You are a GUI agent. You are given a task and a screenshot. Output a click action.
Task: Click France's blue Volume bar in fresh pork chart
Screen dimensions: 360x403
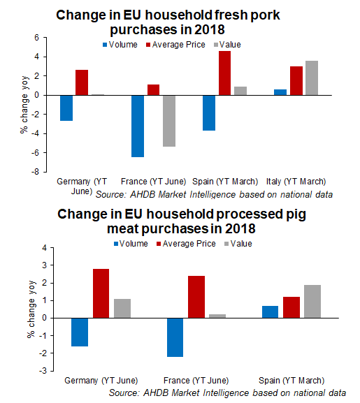(x=138, y=126)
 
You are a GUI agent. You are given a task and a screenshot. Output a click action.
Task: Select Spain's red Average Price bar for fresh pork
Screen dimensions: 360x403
(x=225, y=73)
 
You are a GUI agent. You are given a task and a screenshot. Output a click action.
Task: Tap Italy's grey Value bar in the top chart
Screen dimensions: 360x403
(x=312, y=78)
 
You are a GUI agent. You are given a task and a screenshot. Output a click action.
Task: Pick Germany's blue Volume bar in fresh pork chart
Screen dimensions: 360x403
(x=66, y=108)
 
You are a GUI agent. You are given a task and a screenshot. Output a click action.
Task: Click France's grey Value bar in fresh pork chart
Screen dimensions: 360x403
(x=169, y=121)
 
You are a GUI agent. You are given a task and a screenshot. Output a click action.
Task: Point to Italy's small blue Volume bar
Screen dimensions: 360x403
(x=280, y=92)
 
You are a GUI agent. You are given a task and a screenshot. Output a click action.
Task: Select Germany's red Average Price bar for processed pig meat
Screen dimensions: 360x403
(x=101, y=293)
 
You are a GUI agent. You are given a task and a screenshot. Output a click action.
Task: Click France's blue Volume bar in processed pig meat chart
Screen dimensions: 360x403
(x=175, y=337)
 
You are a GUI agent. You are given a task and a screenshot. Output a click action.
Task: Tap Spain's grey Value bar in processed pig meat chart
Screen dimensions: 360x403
(x=312, y=301)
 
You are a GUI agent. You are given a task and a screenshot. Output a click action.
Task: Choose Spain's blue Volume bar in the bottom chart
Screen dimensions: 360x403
(x=271, y=312)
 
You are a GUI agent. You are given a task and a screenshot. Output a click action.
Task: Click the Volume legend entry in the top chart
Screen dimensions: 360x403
(x=120, y=45)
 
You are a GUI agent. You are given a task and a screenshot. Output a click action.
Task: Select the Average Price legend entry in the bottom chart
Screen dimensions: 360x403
(x=186, y=244)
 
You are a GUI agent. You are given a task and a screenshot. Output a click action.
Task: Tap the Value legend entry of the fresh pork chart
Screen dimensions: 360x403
(x=227, y=45)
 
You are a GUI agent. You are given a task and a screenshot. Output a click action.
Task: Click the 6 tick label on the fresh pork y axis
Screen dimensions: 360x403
(x=37, y=38)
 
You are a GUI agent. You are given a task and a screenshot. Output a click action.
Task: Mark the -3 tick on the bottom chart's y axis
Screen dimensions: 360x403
(x=43, y=371)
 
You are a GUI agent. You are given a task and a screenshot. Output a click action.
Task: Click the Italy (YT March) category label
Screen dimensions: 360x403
(x=296, y=182)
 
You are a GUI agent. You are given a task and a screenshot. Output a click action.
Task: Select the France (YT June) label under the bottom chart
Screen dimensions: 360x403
(x=196, y=381)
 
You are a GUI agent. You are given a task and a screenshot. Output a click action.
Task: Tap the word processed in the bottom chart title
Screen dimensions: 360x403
(x=248, y=214)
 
